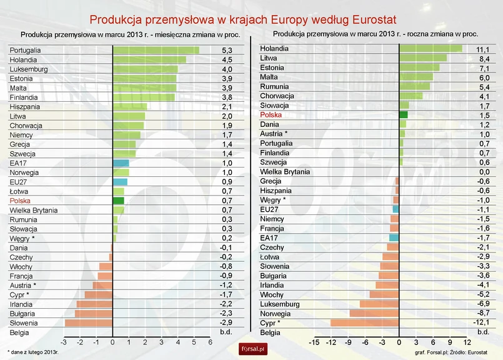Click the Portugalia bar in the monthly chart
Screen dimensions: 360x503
pyautogui.click(x=155, y=50)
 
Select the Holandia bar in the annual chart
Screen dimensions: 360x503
pyautogui.click(x=430, y=49)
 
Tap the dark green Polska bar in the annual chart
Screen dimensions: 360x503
pyautogui.click(x=403, y=115)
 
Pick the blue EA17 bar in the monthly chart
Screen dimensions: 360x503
pyautogui.click(x=120, y=163)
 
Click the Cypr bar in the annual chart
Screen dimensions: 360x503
pyautogui.click(x=364, y=323)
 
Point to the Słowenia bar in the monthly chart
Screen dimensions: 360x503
pyautogui.click(x=88, y=322)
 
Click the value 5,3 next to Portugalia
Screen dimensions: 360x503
pyautogui.click(x=227, y=50)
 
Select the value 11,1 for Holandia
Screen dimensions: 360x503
pyautogui.click(x=483, y=49)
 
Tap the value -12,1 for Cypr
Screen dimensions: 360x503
pyautogui.click(x=482, y=323)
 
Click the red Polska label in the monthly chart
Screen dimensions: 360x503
pyautogui.click(x=20, y=201)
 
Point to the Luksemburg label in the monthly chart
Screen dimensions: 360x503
pyautogui.click(x=29, y=69)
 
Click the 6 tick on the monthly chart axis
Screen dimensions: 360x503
pyautogui.click(x=210, y=342)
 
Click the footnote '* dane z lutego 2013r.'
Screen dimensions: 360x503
pyautogui.click(x=32, y=352)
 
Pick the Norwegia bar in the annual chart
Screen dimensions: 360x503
pyautogui.click(x=374, y=313)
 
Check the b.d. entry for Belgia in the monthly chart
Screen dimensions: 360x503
pyautogui.click(x=226, y=332)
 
